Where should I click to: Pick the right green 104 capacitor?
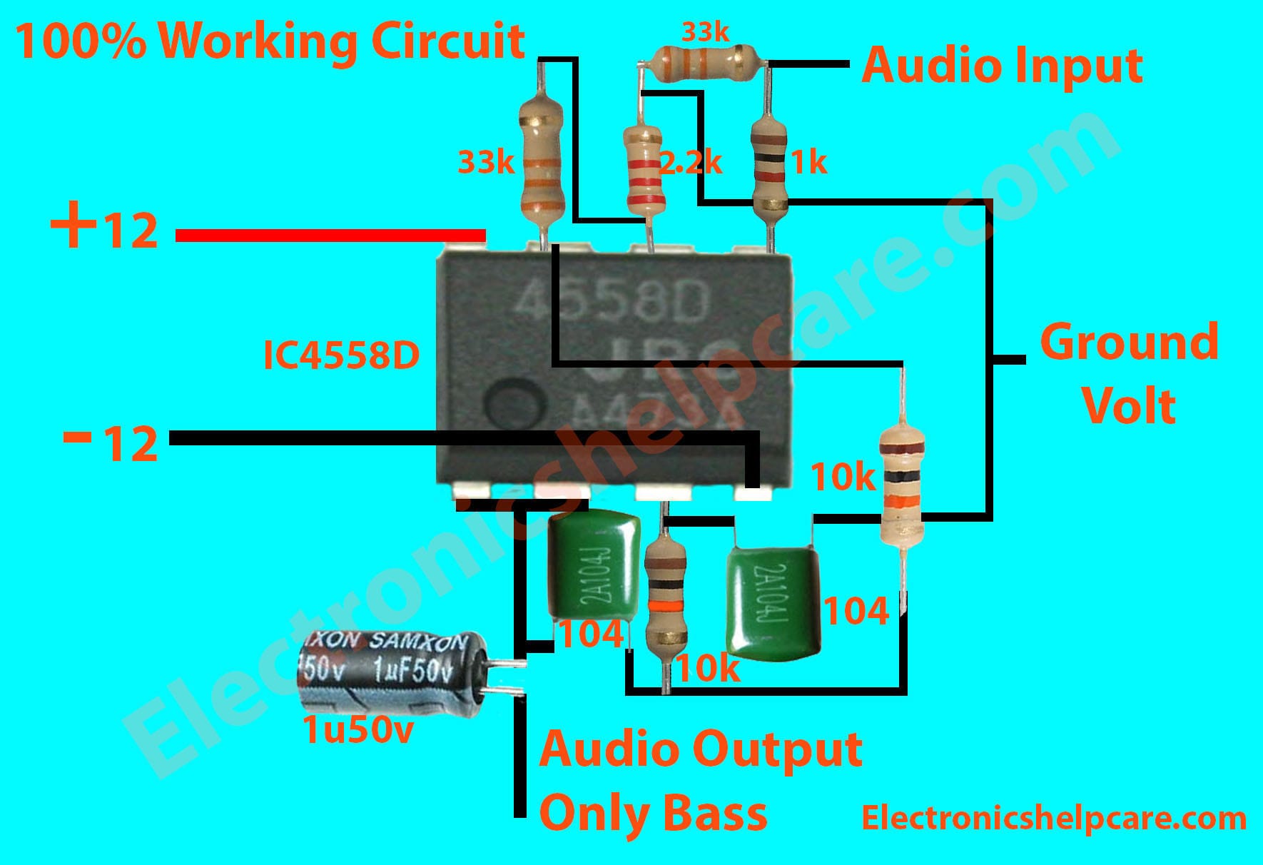[773, 604]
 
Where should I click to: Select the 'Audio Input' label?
[1002, 66]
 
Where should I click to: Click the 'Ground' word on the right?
[1129, 343]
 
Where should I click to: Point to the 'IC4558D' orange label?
[341, 356]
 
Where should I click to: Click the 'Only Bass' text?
[653, 813]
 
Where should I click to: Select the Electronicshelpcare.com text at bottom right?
[1053, 818]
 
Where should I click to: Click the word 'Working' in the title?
[258, 41]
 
